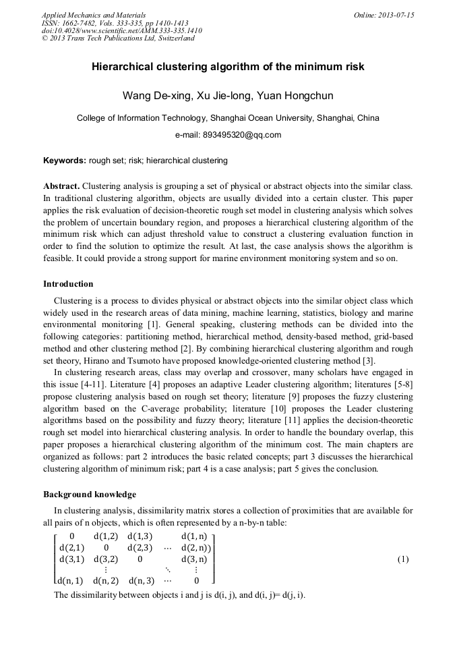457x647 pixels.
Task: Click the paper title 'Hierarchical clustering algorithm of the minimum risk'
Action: tap(228, 67)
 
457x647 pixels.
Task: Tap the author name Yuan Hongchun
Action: tap(295, 96)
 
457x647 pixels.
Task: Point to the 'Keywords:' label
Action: tap(64, 161)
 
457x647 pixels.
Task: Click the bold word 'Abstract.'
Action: tap(62, 186)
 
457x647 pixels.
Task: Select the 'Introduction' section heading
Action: tap(68, 283)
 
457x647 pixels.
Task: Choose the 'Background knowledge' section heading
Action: tap(89, 495)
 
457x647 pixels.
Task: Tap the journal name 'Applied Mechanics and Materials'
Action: tap(94, 15)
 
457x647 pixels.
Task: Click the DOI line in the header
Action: tap(121, 30)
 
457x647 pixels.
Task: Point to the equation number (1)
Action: tap(403, 559)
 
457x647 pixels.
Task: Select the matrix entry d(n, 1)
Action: tap(70, 580)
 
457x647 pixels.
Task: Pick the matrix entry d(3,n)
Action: tap(194, 559)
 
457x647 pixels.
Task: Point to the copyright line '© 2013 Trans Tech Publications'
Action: tap(118, 38)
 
